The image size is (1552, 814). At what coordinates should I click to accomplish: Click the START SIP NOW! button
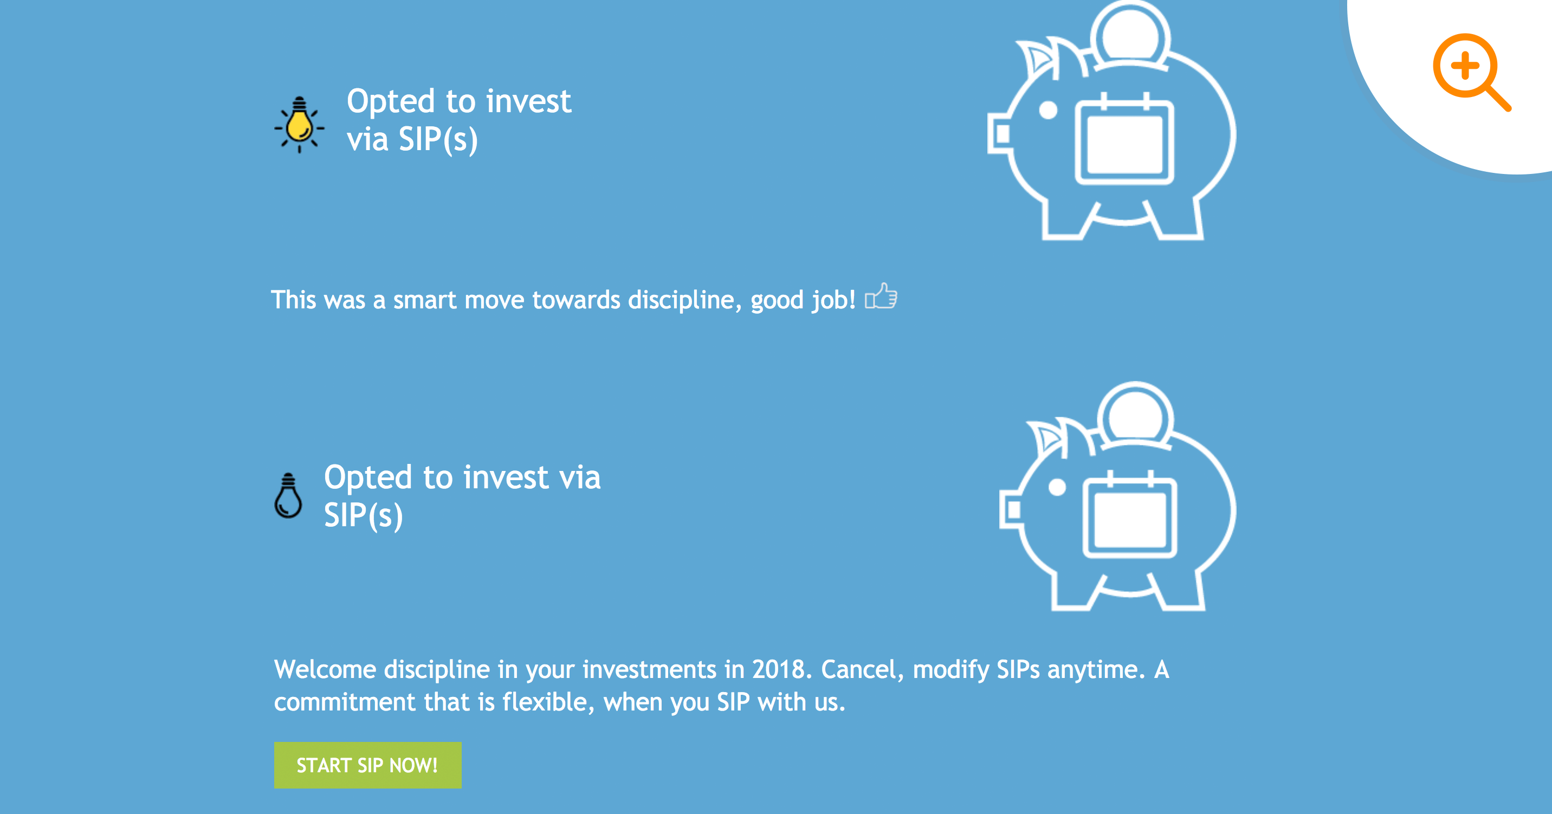click(x=367, y=765)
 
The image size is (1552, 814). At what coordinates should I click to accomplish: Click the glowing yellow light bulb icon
click(x=299, y=125)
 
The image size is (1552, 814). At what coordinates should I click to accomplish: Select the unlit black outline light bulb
click(x=288, y=496)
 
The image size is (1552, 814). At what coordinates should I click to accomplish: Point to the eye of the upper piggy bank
click(x=1049, y=110)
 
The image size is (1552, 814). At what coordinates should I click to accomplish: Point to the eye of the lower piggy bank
click(x=1057, y=487)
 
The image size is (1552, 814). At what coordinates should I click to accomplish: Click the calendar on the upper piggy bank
click(x=1124, y=142)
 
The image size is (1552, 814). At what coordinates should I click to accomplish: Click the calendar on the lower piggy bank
click(x=1130, y=518)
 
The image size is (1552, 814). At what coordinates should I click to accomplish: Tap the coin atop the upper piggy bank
click(x=1130, y=33)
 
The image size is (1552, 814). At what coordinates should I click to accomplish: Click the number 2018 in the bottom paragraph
click(x=781, y=669)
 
